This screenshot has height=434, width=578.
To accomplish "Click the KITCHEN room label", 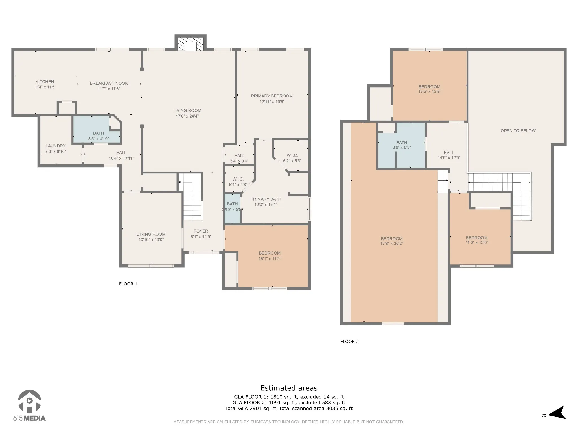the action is (45, 82).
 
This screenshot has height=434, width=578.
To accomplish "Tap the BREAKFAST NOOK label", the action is (109, 83).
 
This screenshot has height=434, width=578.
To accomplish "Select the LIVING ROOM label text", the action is (187, 110).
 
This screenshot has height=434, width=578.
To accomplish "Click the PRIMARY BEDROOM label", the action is (272, 96).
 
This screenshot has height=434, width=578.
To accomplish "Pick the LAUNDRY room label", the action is (56, 146).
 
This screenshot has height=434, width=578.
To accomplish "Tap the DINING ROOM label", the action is (151, 234).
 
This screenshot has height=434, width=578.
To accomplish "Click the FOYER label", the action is (201, 231).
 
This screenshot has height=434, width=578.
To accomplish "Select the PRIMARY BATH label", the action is (266, 199).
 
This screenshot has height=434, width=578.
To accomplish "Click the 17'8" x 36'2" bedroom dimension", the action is (392, 244).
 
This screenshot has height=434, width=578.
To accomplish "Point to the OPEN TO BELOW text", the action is (518, 131).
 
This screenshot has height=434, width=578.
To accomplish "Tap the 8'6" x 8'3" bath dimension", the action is (402, 147).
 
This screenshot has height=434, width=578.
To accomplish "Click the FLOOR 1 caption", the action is (128, 284).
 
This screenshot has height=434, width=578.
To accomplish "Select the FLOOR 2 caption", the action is (349, 342).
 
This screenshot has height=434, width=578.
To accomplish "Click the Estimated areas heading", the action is (289, 388).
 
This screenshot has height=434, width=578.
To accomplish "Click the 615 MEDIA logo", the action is (29, 405).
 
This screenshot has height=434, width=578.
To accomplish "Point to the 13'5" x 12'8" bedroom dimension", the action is (430, 92).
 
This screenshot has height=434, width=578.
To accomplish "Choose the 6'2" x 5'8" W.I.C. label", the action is (292, 161).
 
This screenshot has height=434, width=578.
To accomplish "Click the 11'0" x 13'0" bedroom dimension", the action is (477, 242).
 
